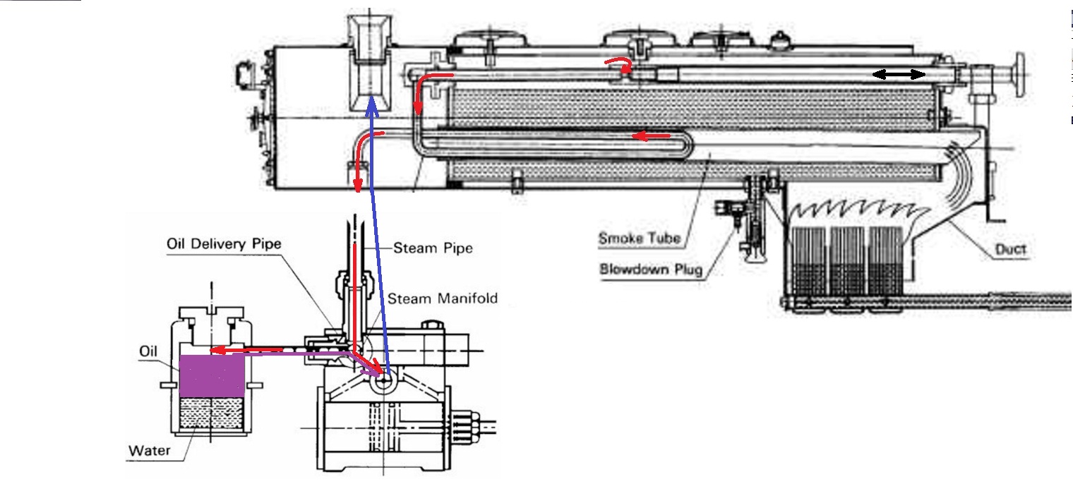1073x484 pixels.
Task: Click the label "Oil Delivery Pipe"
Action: [x=224, y=244]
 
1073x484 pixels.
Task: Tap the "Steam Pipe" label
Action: [x=433, y=248]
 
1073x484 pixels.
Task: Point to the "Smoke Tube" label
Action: [x=640, y=238]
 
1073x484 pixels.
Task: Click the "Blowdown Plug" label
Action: [x=651, y=269]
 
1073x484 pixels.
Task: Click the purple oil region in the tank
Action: [x=212, y=375]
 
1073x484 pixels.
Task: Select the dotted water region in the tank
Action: [x=212, y=413]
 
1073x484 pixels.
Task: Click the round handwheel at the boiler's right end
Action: [x=1019, y=73]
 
